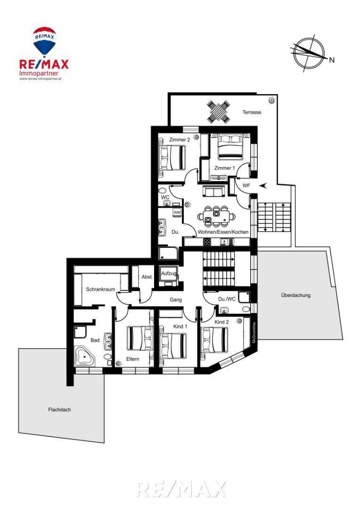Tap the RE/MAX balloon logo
coord(44,41)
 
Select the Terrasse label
coord(252,113)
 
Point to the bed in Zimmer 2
coord(172,157)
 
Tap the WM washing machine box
coord(177,213)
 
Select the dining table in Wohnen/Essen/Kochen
coord(216,216)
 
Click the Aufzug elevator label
coord(169,273)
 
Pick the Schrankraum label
coord(100,289)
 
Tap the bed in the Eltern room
coord(139,338)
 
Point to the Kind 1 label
coord(180,326)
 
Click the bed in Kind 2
coord(215,340)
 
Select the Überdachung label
coord(295,296)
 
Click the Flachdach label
coord(59,410)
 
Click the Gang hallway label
coord(176,300)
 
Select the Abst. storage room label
coord(147,277)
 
